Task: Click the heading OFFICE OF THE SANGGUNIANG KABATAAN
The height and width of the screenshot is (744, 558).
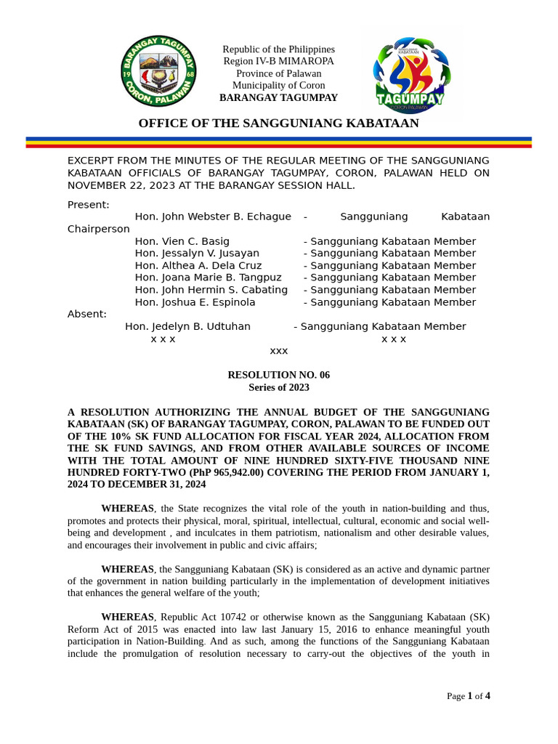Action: pos(278,123)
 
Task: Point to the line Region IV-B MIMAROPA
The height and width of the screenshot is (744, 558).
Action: pos(278,61)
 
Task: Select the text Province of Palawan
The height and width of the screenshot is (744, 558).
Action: pos(278,73)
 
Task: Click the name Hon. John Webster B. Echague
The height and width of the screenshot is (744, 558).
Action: pos(213,217)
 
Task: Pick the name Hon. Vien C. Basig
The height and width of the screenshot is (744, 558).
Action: pos(182,241)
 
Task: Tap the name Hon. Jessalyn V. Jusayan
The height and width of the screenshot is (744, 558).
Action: pos(197,254)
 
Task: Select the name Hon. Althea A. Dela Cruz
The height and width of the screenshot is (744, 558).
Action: pos(198,266)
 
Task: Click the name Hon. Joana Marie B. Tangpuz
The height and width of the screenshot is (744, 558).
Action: pos(208,278)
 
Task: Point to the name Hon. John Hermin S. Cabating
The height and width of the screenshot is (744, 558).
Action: pos(211,290)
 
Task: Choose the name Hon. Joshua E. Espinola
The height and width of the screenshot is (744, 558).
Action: pos(195,302)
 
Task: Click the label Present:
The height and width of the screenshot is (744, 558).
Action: pos(89,205)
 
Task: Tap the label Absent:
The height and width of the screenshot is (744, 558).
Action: pos(87,314)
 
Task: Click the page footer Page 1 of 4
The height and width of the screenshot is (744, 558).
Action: pos(468,696)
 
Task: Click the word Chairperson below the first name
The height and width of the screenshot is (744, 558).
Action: pos(99,229)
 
